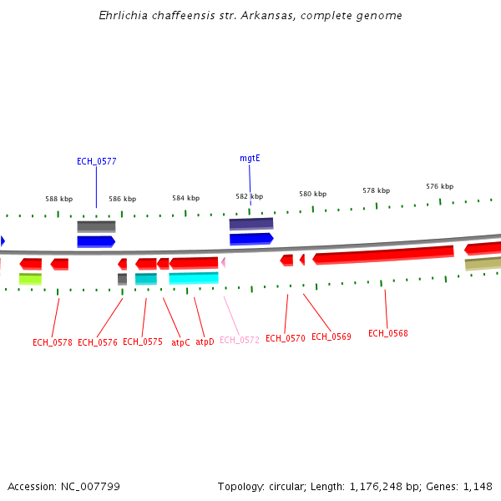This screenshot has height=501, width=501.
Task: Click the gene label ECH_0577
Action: [96, 161]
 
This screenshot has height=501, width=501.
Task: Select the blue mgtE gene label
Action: [250, 158]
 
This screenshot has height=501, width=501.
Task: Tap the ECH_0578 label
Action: [52, 342]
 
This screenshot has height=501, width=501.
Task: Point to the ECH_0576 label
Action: [97, 342]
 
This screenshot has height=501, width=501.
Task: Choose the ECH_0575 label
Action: [142, 342]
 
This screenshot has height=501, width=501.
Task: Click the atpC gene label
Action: [180, 342]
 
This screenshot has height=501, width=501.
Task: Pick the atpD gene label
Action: [205, 342]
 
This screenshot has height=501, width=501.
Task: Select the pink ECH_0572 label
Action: [239, 340]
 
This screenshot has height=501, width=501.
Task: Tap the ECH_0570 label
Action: [286, 338]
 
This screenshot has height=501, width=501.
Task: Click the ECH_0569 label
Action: [331, 337]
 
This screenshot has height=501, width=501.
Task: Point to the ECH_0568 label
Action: [387, 333]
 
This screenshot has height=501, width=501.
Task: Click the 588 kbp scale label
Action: [58, 199]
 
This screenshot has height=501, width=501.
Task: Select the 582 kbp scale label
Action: [249, 196]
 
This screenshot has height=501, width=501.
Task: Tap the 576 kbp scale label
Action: [439, 186]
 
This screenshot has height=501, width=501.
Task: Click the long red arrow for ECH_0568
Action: [383, 254]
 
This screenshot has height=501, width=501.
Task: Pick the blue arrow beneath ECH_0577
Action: [95, 241]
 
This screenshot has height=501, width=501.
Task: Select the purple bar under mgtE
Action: [250, 224]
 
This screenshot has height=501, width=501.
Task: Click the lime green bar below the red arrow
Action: [30, 279]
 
